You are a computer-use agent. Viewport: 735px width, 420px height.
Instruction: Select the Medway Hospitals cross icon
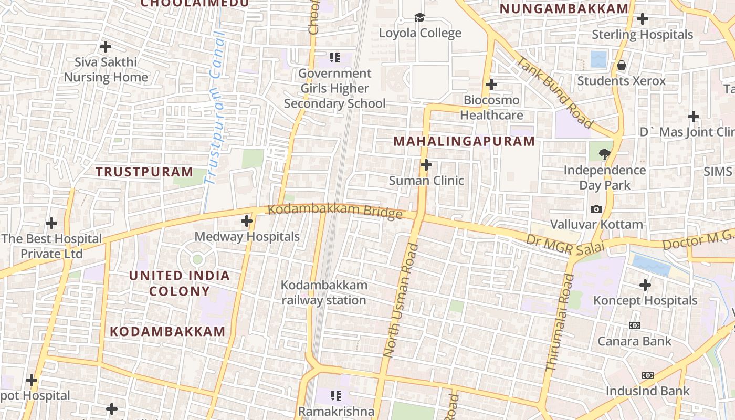click(x=247, y=221)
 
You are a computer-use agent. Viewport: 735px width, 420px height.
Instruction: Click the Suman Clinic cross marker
click(x=426, y=165)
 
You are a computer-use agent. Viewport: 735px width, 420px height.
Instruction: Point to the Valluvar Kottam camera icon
click(x=596, y=209)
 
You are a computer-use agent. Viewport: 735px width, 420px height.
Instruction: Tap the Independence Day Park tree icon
click(x=605, y=154)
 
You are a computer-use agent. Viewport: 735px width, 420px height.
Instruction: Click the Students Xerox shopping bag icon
click(x=622, y=66)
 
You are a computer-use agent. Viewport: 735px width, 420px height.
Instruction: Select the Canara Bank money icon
click(x=634, y=325)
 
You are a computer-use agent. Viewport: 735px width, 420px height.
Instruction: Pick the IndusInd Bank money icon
click(x=647, y=375)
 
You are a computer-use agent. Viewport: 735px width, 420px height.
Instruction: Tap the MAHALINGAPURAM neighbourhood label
click(x=464, y=141)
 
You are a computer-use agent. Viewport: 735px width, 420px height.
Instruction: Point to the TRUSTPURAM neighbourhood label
click(x=144, y=172)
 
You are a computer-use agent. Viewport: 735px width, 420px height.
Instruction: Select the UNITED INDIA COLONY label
click(x=180, y=283)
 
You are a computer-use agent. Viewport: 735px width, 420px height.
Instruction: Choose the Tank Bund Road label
click(x=554, y=92)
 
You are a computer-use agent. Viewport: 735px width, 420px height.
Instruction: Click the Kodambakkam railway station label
click(x=324, y=292)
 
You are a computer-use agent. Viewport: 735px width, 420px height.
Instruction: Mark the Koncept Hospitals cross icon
click(x=645, y=285)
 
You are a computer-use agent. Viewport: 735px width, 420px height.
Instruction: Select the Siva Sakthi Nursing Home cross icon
click(x=106, y=46)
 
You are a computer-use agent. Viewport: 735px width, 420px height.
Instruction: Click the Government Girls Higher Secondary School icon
click(x=335, y=57)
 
